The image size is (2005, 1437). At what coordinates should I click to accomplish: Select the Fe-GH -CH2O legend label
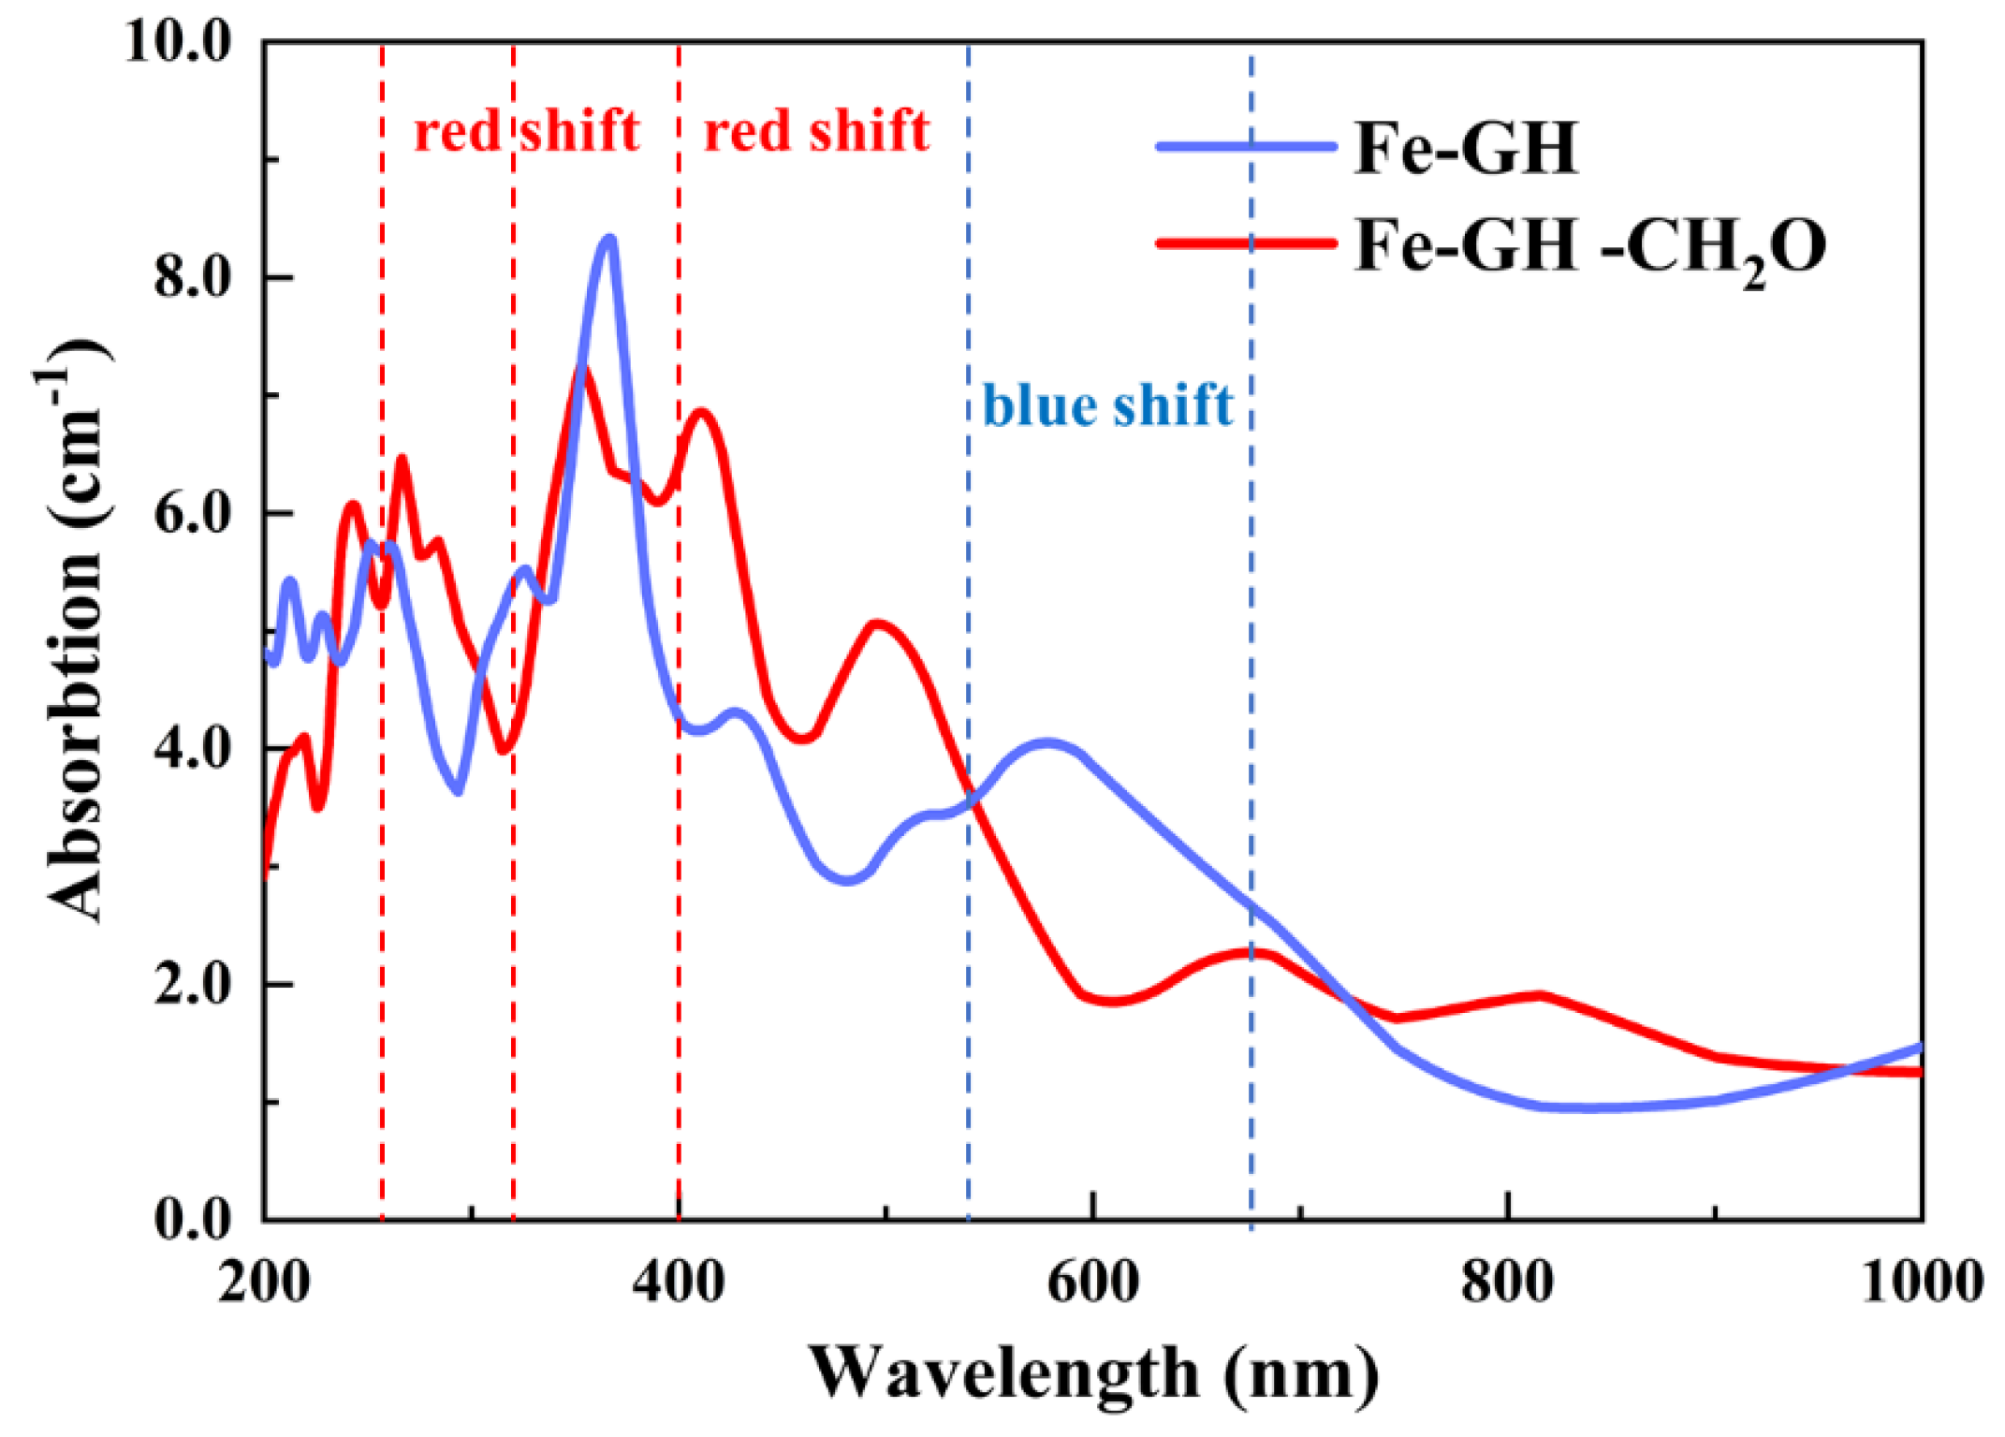[x=1588, y=249]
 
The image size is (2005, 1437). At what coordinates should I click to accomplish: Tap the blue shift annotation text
[x=1106, y=405]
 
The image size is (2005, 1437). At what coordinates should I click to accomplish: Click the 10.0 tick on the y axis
[x=178, y=42]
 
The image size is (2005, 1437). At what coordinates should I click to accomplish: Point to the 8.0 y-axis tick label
[x=192, y=278]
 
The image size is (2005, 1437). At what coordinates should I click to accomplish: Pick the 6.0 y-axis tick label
[x=192, y=514]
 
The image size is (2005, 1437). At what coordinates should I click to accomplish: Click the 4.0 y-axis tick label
[x=192, y=749]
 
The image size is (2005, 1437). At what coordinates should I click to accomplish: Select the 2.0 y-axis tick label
[x=192, y=985]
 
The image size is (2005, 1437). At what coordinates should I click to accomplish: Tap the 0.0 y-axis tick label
[x=192, y=1220]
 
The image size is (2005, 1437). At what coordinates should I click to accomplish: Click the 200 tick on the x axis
[x=264, y=1282]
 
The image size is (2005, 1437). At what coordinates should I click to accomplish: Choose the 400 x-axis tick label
[x=678, y=1282]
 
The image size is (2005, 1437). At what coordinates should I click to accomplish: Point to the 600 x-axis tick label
[x=1092, y=1282]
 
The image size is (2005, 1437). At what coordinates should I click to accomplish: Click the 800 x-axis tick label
[x=1507, y=1282]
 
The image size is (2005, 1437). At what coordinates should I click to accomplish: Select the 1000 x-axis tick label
[x=1921, y=1282]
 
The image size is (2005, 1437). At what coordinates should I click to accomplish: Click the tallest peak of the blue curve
[x=609, y=239]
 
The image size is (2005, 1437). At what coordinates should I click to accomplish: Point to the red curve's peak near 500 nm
[x=877, y=623]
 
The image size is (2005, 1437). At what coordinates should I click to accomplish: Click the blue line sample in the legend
[x=1245, y=146]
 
